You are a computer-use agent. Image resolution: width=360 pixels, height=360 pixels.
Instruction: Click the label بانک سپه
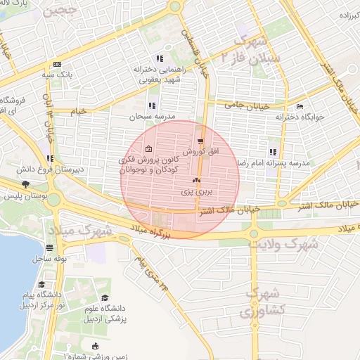tap(57, 74)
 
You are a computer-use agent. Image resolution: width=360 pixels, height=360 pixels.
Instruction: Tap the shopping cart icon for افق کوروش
tap(201, 141)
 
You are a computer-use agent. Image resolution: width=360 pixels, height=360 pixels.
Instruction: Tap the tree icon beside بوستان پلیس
tap(26, 184)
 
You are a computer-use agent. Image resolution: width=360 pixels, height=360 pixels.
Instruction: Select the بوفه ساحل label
tap(49, 259)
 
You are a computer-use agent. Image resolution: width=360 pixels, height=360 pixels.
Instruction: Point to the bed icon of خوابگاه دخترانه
tap(300, 107)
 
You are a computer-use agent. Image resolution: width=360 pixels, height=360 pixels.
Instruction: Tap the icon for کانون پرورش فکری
tap(148, 149)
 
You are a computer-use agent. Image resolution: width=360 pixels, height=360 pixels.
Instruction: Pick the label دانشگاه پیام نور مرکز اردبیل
tap(41, 302)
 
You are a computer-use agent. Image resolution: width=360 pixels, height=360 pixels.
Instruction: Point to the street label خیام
tap(78, 111)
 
